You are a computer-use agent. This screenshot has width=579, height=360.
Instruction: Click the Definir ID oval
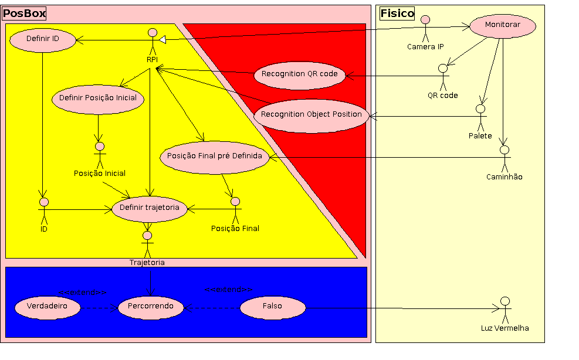[43, 39]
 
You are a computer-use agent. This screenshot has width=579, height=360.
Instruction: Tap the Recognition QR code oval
[299, 74]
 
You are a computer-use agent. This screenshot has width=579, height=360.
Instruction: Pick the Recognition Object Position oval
[311, 115]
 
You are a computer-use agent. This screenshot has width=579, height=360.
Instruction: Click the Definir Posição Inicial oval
[98, 98]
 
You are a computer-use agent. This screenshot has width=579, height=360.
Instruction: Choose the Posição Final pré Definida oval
[215, 157]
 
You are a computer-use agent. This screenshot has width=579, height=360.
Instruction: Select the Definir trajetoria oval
[150, 208]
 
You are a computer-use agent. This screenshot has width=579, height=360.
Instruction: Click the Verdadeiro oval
[47, 307]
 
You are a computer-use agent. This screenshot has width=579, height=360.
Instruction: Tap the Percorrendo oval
[151, 307]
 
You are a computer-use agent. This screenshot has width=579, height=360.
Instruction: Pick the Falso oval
[273, 307]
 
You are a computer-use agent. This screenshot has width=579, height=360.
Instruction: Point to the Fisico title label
[397, 13]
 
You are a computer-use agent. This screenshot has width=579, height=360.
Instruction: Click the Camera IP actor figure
[425, 29]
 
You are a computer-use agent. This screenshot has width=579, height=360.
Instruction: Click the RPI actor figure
[152, 41]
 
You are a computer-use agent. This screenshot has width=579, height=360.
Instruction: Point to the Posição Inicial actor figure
[99, 154]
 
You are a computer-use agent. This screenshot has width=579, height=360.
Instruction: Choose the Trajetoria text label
[147, 263]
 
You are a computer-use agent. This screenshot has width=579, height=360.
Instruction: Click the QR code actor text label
[442, 96]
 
